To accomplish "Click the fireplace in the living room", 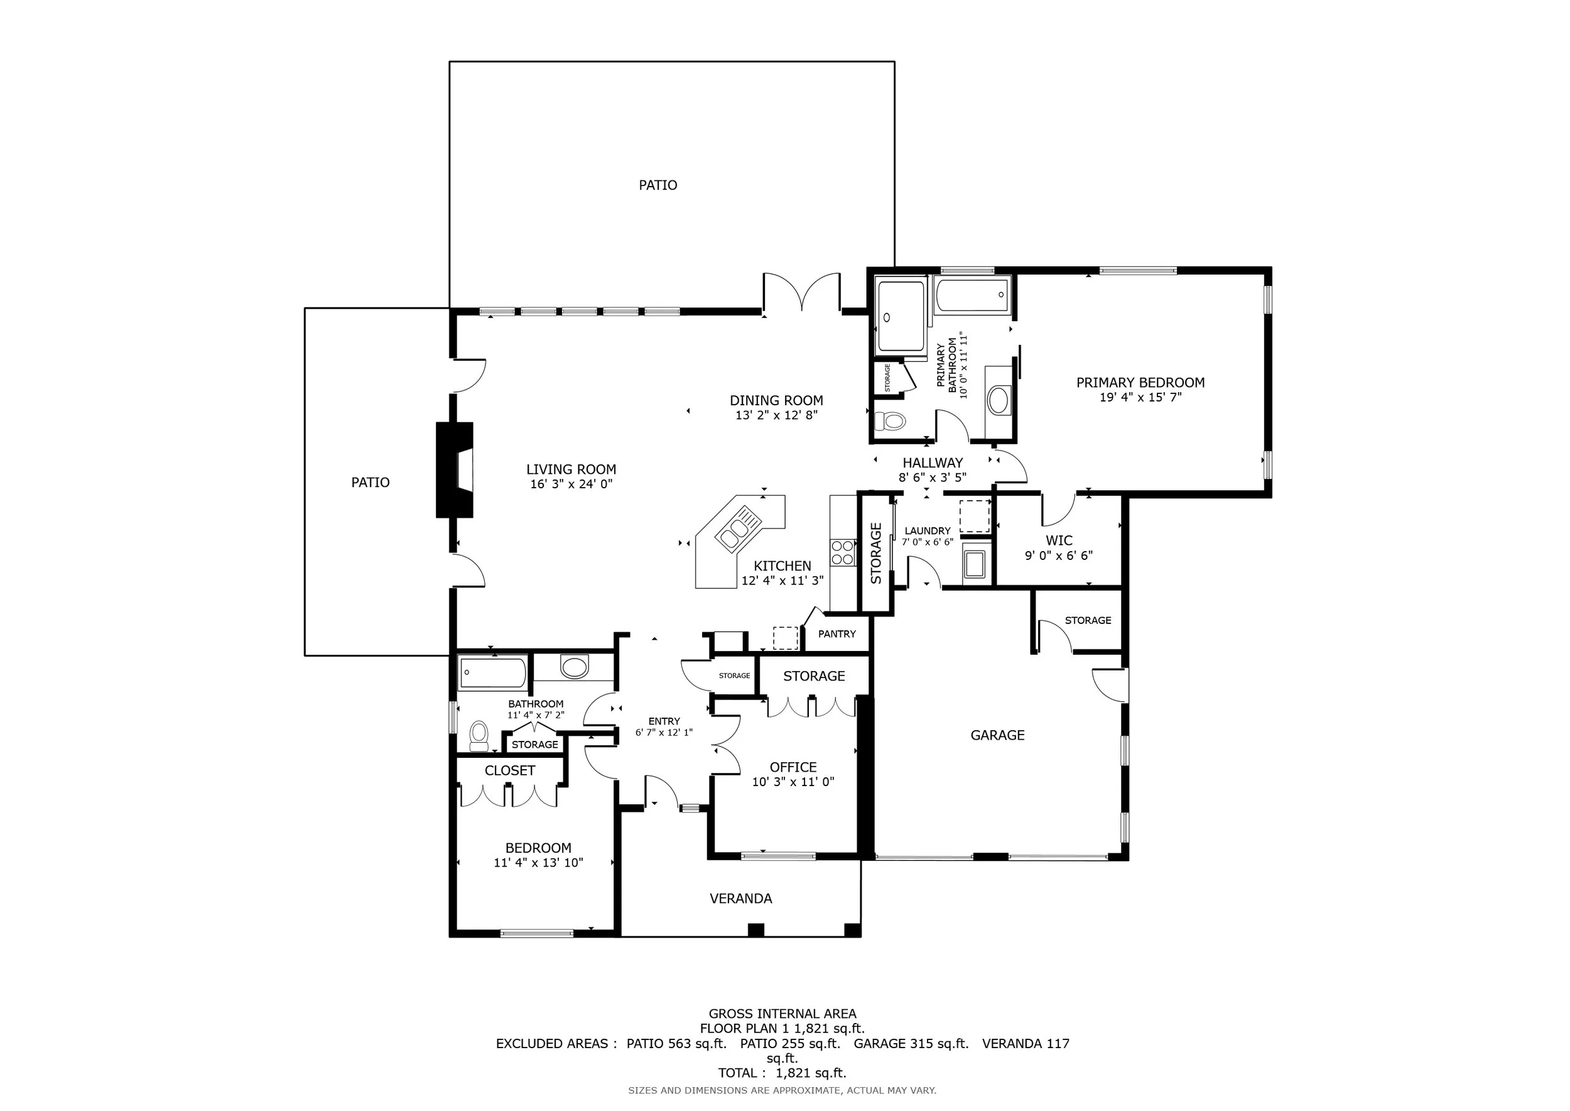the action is pyautogui.click(x=455, y=470).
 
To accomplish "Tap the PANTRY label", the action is pyautogui.click(x=837, y=634).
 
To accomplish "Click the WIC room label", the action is pyautogui.click(x=1059, y=540).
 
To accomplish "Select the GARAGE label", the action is pyautogui.click(x=998, y=735).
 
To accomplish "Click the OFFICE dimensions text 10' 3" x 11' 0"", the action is pyautogui.click(x=793, y=782).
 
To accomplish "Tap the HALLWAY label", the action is pyautogui.click(x=933, y=463).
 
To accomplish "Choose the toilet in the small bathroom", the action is pyautogui.click(x=479, y=735).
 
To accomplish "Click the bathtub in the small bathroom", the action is pyautogui.click(x=492, y=673).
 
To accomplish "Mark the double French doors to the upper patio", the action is pyautogui.click(x=801, y=293).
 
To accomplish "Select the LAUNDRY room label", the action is pyautogui.click(x=927, y=531).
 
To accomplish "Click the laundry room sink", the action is pyautogui.click(x=974, y=564).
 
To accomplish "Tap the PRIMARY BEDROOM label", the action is pyautogui.click(x=1140, y=383).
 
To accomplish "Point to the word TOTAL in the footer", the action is pyautogui.click(x=737, y=1073).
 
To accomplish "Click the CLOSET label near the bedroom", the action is pyautogui.click(x=509, y=771).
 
